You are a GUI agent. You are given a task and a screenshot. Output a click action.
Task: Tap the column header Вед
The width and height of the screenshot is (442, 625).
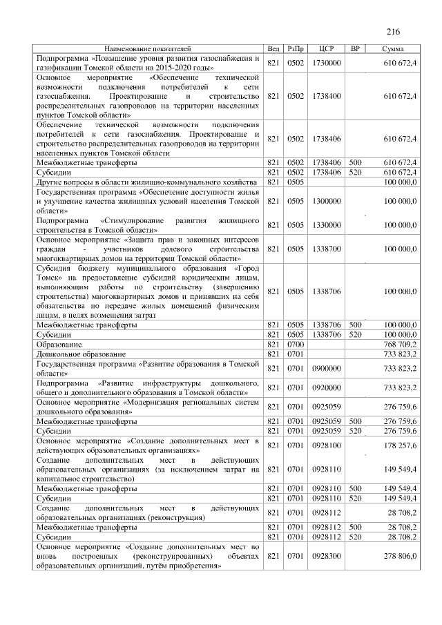coord(273,49)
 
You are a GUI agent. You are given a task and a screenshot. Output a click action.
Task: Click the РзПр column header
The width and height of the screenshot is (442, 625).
coord(296,49)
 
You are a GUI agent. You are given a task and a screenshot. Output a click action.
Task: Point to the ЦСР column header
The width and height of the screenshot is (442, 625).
coord(327,49)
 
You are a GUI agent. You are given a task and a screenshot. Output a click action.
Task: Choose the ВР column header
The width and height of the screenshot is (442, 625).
coord(355,49)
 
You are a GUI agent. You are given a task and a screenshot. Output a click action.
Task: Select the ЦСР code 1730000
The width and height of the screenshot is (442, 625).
coord(327,63)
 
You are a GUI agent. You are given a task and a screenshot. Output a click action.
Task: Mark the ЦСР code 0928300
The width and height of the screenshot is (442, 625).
coord(327,555)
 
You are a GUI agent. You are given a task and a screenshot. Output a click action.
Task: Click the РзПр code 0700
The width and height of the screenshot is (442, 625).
coord(296,343)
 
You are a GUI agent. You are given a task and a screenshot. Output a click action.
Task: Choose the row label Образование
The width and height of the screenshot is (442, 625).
coord(59,343)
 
